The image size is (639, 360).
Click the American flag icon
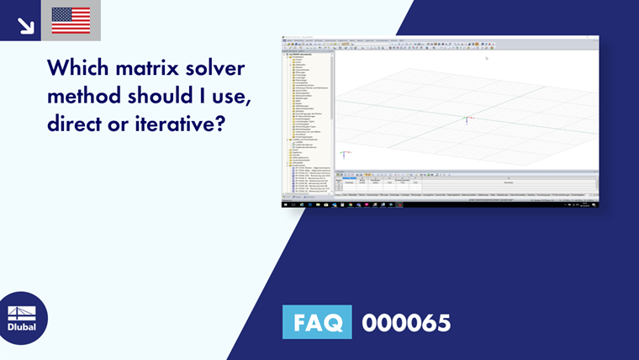tap(71, 20)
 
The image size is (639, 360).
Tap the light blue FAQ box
tap(317, 322)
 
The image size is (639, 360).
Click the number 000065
tap(406, 322)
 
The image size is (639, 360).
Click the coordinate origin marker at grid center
tap(467, 120)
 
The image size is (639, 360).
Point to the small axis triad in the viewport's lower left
tap(344, 154)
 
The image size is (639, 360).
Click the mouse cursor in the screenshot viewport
tap(487, 57)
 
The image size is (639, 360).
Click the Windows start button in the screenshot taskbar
tap(284, 204)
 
